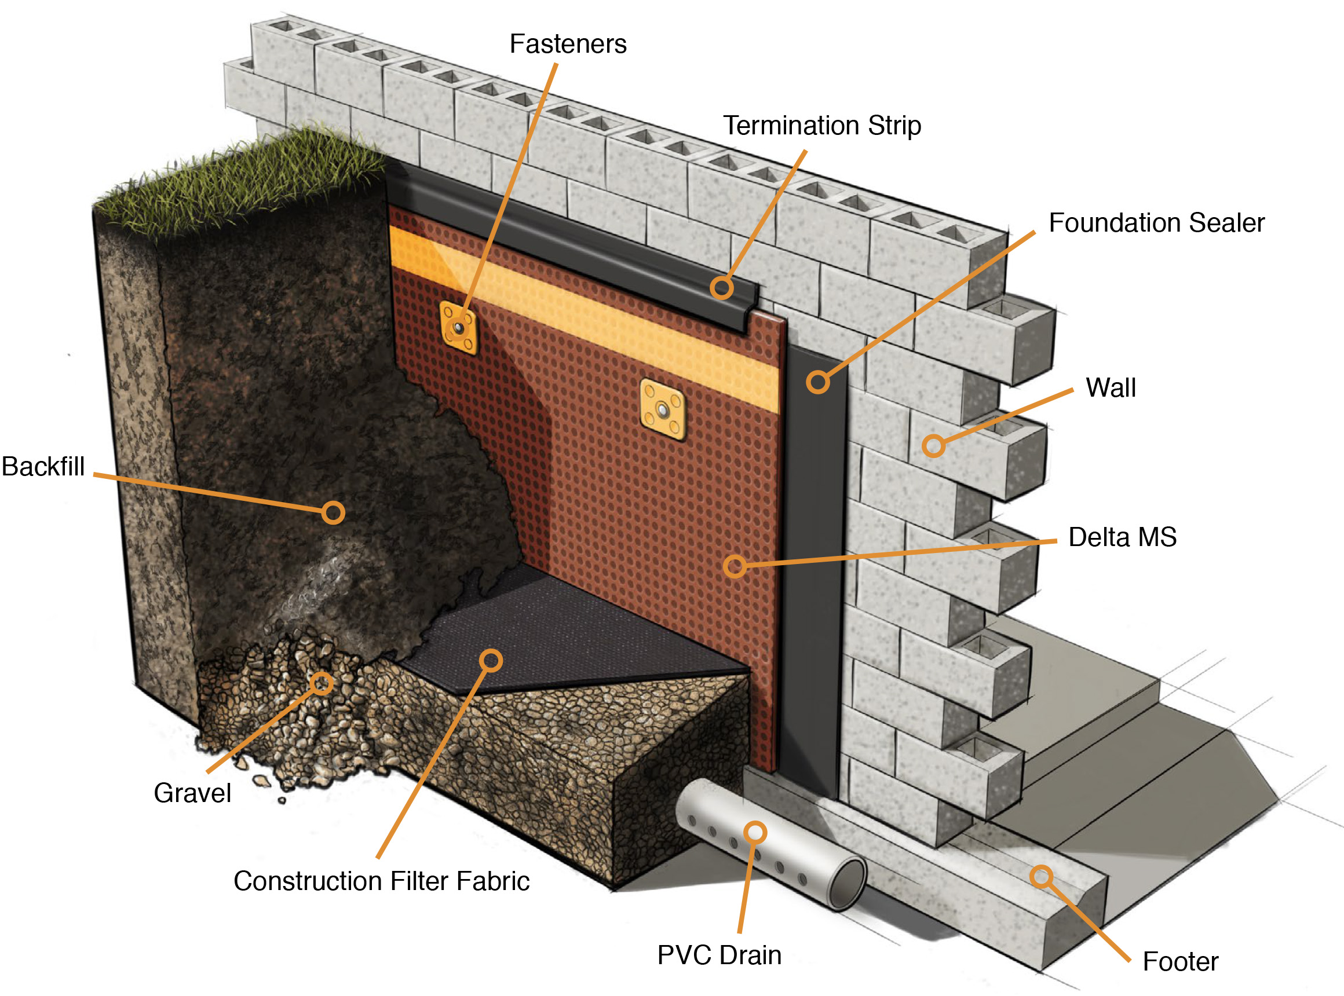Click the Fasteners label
pyautogui.click(x=568, y=44)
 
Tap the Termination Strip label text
pyautogui.click(x=821, y=126)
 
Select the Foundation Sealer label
pyautogui.click(x=1156, y=223)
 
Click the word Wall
pyautogui.click(x=1110, y=387)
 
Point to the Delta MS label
pyautogui.click(x=1122, y=537)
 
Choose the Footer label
pyautogui.click(x=1180, y=962)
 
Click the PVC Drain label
pyautogui.click(x=719, y=955)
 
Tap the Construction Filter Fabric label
pyautogui.click(x=381, y=881)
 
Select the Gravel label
pyautogui.click(x=192, y=793)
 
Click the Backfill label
pyautogui.click(x=43, y=467)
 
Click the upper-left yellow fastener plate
pyautogui.click(x=458, y=327)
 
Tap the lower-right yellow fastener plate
pyautogui.click(x=662, y=410)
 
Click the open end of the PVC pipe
pyautogui.click(x=847, y=884)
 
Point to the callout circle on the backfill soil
pyautogui.click(x=333, y=512)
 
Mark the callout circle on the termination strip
pyautogui.click(x=721, y=288)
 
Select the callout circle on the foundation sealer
pyautogui.click(x=817, y=382)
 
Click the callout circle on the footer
pyautogui.click(x=1041, y=877)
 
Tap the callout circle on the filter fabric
pyautogui.click(x=491, y=661)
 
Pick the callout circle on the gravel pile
pyautogui.click(x=322, y=683)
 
